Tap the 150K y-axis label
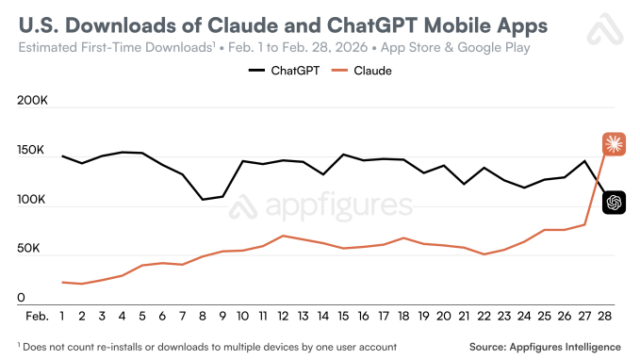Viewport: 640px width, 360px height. pos(33,151)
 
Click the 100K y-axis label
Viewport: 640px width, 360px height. pos(33,200)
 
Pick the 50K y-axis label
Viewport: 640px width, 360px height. pos(36,248)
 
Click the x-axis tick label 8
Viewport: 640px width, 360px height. pos(203,316)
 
